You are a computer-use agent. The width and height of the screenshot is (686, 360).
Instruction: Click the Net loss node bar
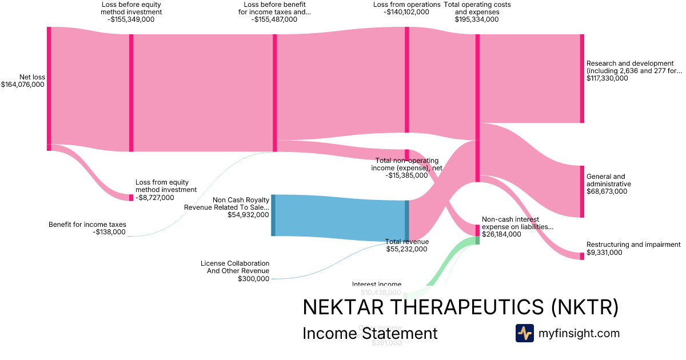pyautogui.click(x=49, y=89)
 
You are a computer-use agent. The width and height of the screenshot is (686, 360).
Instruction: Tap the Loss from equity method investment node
pyautogui.click(x=131, y=198)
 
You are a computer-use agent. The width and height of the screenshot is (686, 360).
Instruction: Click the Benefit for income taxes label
pyautogui.click(x=87, y=225)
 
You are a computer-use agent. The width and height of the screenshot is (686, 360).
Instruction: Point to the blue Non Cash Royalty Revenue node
pyautogui.click(x=273, y=215)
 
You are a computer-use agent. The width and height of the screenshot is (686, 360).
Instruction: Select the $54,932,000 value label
pyautogui.click(x=248, y=215)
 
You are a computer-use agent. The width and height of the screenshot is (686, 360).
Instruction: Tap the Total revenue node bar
pyautogui.click(x=407, y=221)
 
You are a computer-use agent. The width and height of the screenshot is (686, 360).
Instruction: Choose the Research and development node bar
pyautogui.click(x=582, y=78)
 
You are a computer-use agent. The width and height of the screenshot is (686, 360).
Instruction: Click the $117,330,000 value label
pyautogui.click(x=607, y=78)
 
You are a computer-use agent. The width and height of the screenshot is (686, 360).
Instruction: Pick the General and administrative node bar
pyautogui.click(x=582, y=191)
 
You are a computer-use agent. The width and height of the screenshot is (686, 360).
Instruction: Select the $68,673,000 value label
pyautogui.click(x=607, y=191)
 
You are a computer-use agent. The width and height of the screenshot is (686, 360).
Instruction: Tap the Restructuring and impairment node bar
pyautogui.click(x=582, y=256)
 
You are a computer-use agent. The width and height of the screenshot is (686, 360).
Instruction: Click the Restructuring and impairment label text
pyautogui.click(x=633, y=245)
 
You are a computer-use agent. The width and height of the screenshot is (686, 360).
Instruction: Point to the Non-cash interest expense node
pyautogui.click(x=477, y=230)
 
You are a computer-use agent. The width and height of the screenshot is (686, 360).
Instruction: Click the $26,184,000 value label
pyautogui.click(x=501, y=234)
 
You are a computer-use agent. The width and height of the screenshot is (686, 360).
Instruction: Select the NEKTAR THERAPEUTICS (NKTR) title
pyautogui.click(x=460, y=307)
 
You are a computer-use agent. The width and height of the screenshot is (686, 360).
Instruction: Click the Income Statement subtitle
pyautogui.click(x=370, y=333)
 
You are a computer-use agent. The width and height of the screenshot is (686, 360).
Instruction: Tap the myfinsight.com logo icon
pyautogui.click(x=524, y=333)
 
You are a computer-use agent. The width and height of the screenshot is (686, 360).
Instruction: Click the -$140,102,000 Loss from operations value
pyautogui.click(x=407, y=11)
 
